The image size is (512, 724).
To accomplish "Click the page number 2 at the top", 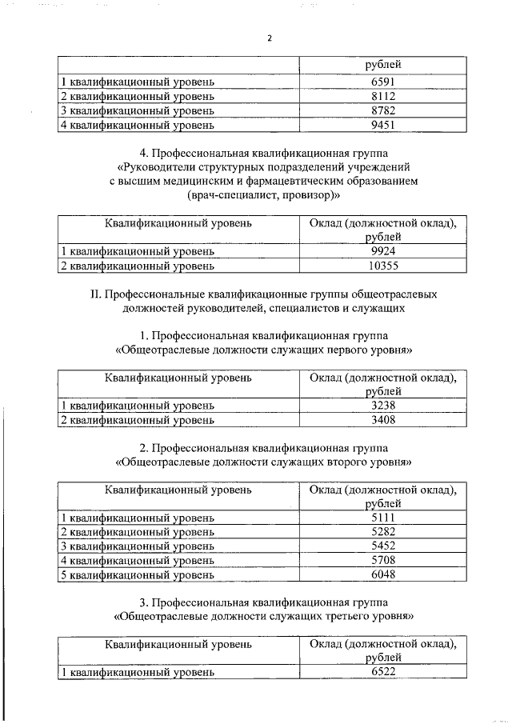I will pos(270,38).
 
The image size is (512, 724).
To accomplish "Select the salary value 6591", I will pos(383,82).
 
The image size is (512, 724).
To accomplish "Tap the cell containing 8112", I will pos(383,96).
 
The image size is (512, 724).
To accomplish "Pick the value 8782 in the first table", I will pos(383,110).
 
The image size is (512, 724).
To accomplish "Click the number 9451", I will pos(383,125).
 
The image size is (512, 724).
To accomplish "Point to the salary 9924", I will pos(383,250).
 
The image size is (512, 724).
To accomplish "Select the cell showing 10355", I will pos(383,265).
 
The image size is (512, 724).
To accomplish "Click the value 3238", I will pos(383,405).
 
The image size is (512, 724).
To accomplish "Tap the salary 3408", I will pos(383,419).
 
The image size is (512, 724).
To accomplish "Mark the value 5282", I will pos(383,531).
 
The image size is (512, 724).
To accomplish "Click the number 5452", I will pos(383,546).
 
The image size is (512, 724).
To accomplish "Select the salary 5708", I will pos(383,560).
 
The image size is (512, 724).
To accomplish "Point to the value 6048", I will pos(383,574).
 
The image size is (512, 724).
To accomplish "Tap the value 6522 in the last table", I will pos(383,673).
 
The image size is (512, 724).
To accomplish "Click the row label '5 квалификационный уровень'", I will pos(138,574).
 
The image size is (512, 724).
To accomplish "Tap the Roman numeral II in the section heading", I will pos(95,293).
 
